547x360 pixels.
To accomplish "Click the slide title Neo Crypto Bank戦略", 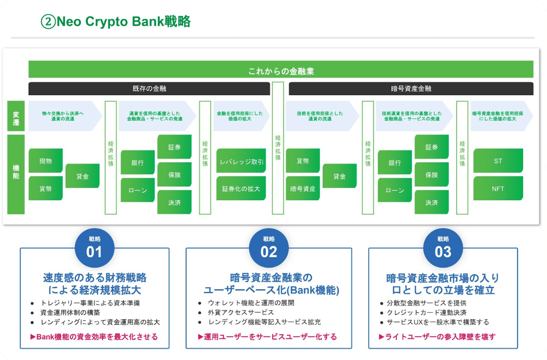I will pos(116,21).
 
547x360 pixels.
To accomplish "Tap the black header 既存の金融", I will pos(149,89).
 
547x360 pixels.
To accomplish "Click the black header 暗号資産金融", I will pos(411,89).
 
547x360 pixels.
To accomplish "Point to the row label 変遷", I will pos(16,116).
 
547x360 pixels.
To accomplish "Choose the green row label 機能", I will pos(16,174).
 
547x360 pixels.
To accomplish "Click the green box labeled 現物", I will pos(45,161).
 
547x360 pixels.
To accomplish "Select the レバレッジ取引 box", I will pos(241,161).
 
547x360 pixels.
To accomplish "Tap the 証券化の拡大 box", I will pos(241,188).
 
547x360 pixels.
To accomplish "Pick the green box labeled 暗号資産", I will pos(303,188).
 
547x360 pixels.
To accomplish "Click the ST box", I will pos(498,161).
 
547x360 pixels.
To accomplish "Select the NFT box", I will pos(498,188).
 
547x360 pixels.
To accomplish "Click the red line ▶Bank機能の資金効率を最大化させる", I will pos(94,336).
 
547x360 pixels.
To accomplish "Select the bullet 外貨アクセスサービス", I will pos(241,312).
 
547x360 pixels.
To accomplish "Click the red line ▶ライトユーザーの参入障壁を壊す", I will pos(437,336).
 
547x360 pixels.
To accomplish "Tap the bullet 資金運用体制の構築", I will pos(70,312).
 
